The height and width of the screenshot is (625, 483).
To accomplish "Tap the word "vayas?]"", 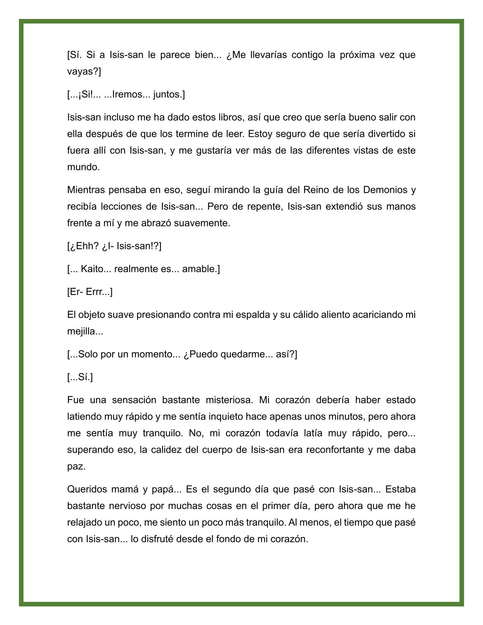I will point(84,72).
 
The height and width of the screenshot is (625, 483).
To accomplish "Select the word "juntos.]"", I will point(169,94).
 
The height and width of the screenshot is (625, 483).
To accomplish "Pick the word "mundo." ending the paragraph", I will point(83,167).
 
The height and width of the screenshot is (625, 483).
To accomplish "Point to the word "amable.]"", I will point(201,269).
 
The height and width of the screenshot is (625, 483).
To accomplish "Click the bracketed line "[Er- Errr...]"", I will point(90,292).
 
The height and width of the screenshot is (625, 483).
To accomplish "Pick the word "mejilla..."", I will point(85,332).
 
